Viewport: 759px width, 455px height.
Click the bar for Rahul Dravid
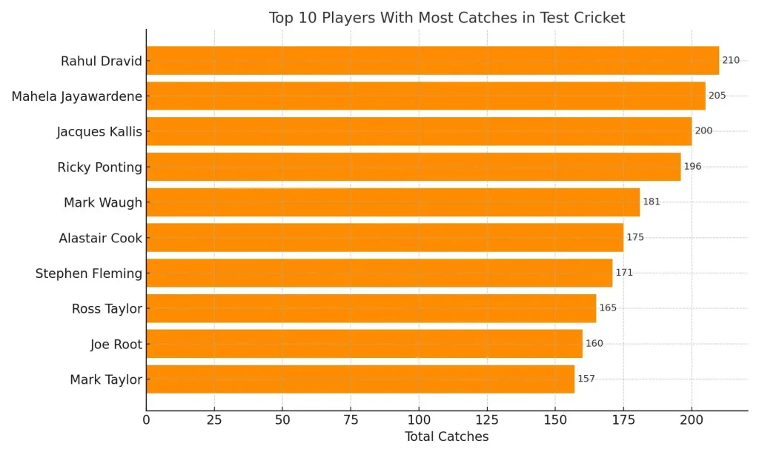click(x=432, y=61)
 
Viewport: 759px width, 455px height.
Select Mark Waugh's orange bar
click(x=393, y=202)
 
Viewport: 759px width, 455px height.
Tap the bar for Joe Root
click(x=364, y=344)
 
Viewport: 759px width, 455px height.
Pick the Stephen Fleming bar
click(x=379, y=273)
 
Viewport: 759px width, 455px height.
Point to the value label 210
click(x=731, y=61)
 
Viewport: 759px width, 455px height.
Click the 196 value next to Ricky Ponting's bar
click(x=692, y=167)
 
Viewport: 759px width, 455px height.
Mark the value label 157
click(x=586, y=379)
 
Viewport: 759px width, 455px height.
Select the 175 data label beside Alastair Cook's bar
click(x=635, y=238)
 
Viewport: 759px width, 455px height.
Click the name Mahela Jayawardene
click(x=76, y=96)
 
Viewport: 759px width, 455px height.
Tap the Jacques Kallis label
click(x=99, y=132)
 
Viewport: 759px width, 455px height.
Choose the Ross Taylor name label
click(x=107, y=309)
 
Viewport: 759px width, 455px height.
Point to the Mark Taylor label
click(x=106, y=380)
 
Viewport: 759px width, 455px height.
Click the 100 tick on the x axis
click(x=419, y=420)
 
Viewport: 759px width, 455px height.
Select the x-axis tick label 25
click(x=214, y=420)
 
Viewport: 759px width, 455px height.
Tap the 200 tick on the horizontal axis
click(x=692, y=420)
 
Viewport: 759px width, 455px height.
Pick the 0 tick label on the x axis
click(x=146, y=420)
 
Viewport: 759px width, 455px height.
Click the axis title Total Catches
click(x=446, y=436)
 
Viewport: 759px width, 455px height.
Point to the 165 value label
click(x=608, y=308)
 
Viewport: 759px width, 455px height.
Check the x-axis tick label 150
click(x=555, y=420)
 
